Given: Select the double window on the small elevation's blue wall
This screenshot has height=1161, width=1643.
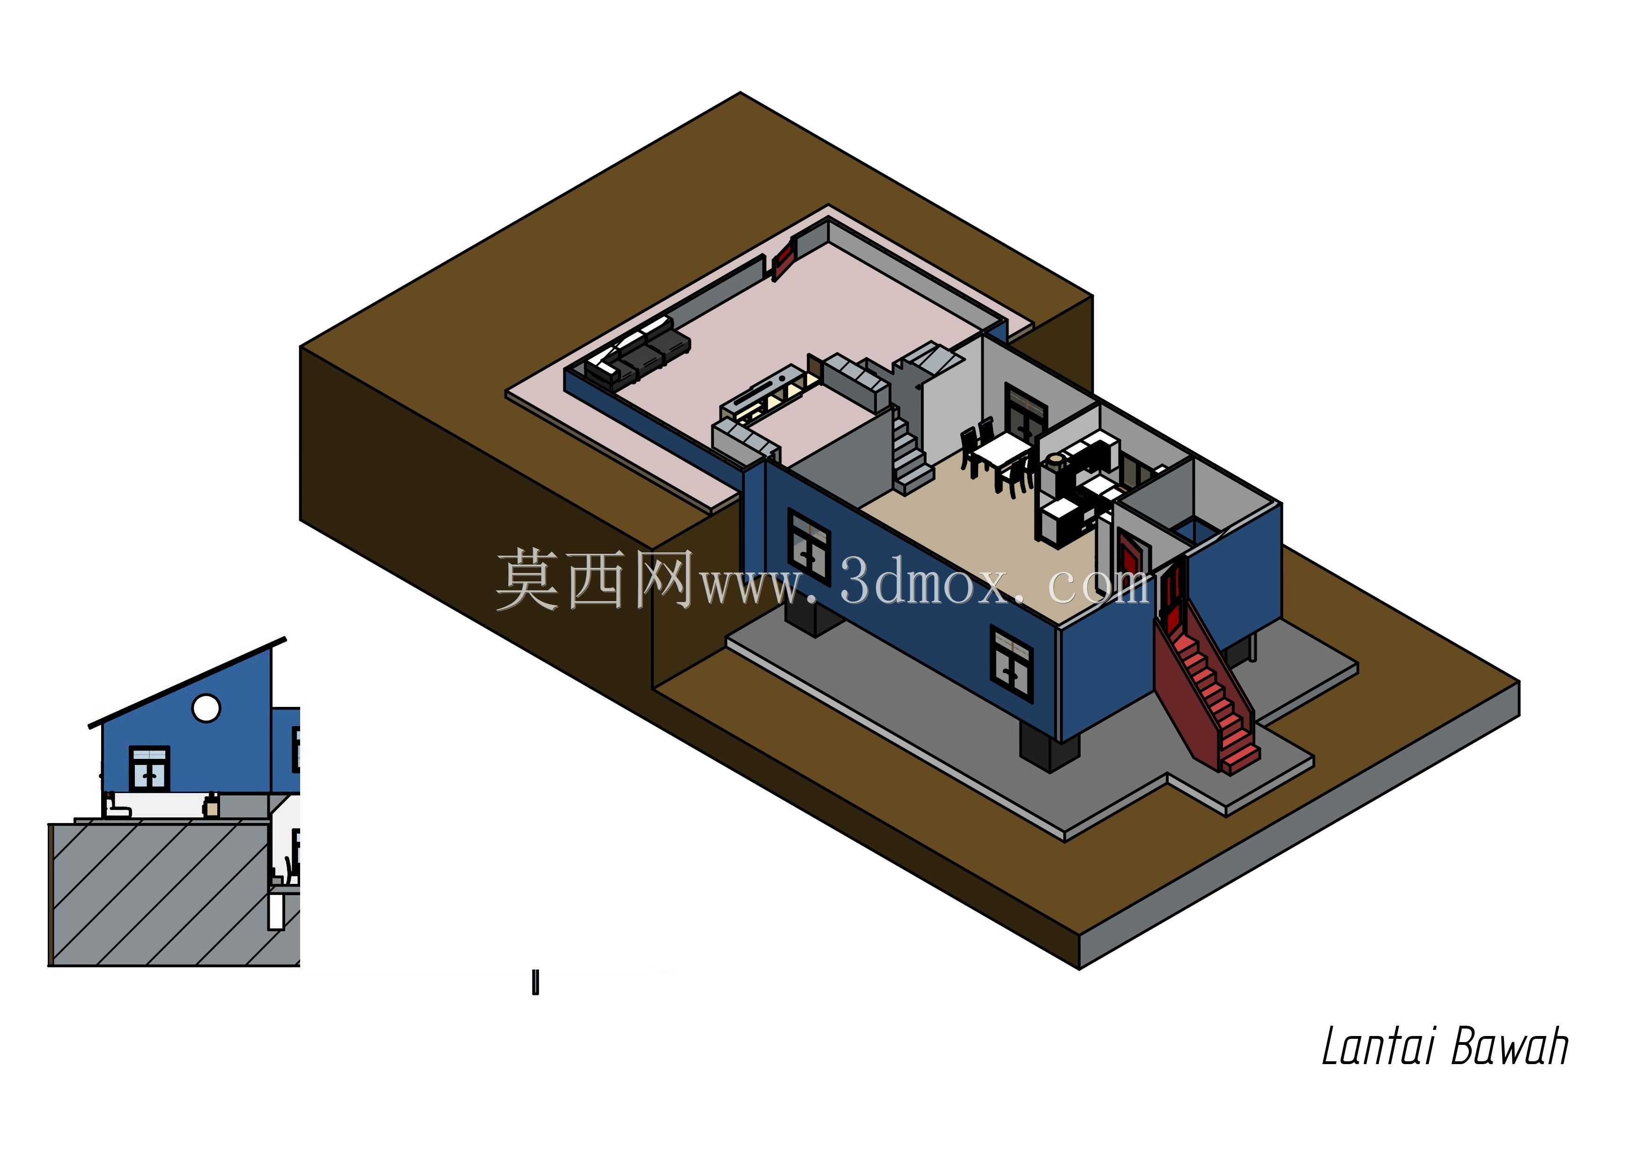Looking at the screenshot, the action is (149, 768).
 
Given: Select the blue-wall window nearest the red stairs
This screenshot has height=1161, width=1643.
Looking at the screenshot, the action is (1012, 661).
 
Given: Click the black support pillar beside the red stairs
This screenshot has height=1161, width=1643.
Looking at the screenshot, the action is (1048, 750).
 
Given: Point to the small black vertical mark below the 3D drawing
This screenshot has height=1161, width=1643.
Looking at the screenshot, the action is (535, 982).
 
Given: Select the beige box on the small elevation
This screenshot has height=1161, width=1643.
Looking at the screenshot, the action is (211, 806).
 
